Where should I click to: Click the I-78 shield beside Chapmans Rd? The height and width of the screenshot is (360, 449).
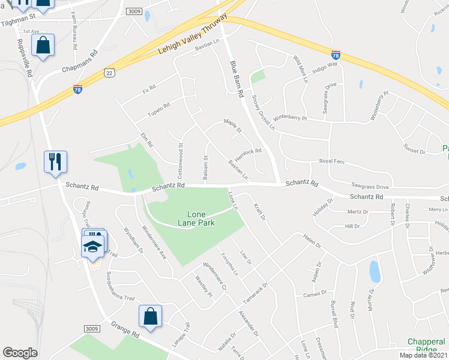[x=77, y=89]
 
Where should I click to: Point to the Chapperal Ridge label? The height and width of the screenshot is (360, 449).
[x=426, y=345]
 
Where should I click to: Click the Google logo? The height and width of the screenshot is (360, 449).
[x=20, y=353]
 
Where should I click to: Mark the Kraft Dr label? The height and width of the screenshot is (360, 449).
[x=259, y=211]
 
